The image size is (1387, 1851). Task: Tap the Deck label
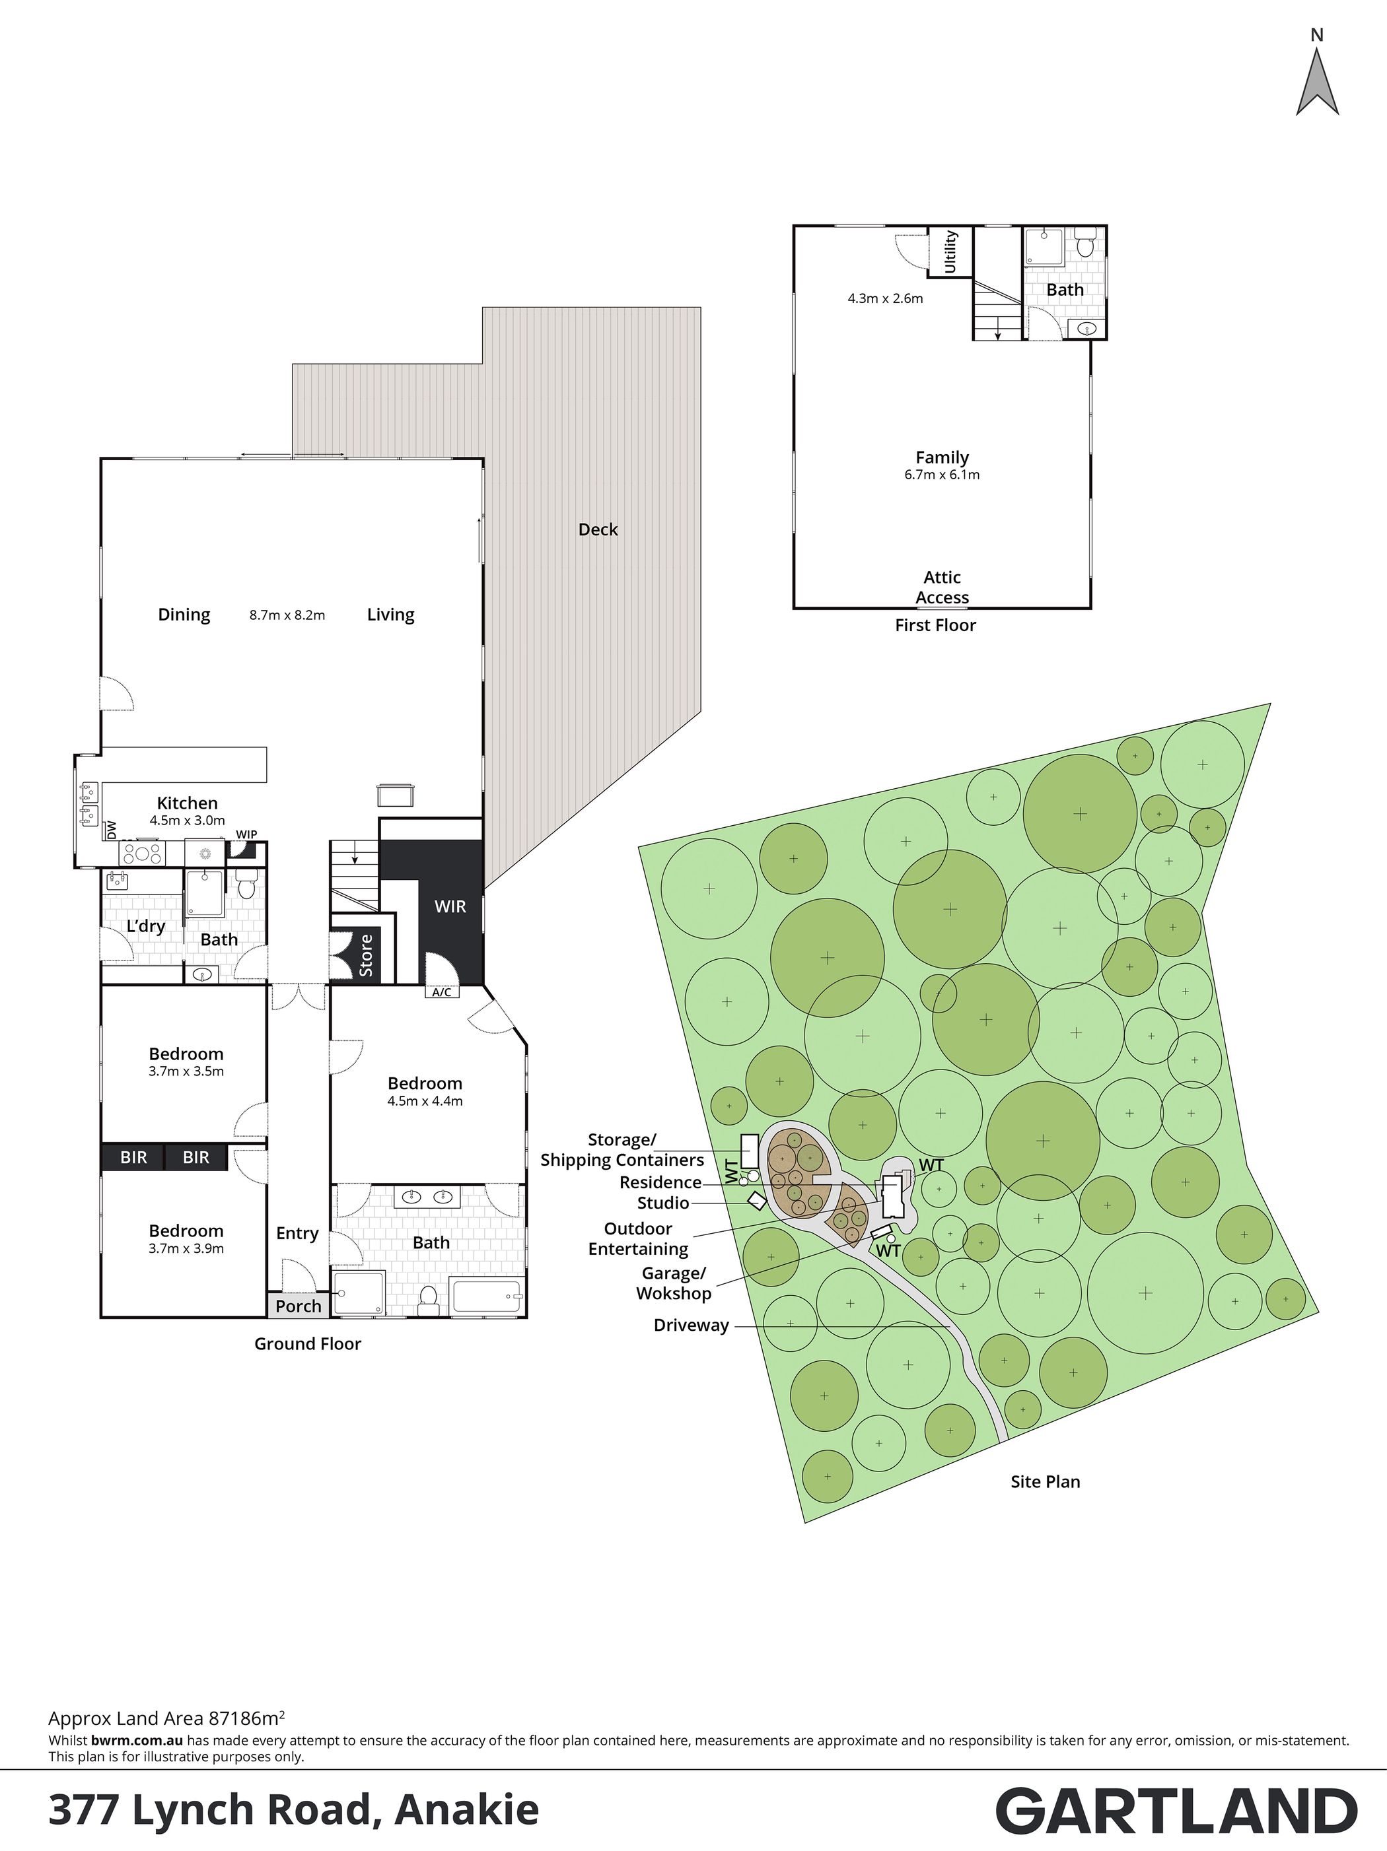[598, 529]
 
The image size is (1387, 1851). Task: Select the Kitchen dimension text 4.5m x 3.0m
[188, 821]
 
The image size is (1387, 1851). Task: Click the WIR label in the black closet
[450, 906]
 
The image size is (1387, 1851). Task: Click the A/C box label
[442, 992]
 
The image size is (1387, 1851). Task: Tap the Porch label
[298, 1306]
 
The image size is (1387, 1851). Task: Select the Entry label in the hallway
[297, 1233]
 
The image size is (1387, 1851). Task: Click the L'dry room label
[146, 926]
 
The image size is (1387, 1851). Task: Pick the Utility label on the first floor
[950, 252]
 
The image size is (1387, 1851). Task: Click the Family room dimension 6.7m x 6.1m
[942, 475]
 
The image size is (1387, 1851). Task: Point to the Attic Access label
[942, 588]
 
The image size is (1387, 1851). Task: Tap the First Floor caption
[935, 625]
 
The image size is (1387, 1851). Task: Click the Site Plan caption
[1045, 1481]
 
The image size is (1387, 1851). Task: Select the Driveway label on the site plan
[691, 1326]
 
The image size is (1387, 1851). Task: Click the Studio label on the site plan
[663, 1203]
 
